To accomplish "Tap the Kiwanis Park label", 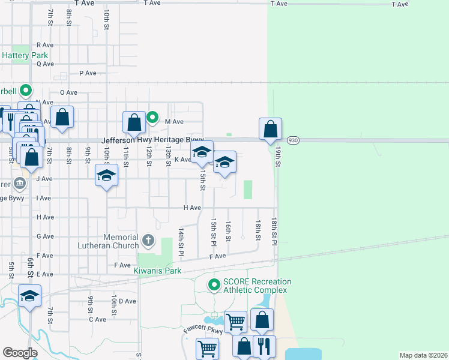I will [x=158, y=271].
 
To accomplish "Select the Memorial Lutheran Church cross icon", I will [x=148, y=241].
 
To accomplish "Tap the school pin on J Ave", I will [x=106, y=175].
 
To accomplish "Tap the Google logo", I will [x=20, y=353].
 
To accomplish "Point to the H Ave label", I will [x=191, y=208].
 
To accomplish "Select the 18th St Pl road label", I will [x=274, y=231].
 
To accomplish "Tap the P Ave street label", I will [x=88, y=73].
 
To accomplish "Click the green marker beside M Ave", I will [x=152, y=118].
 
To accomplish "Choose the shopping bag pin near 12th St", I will [x=134, y=122].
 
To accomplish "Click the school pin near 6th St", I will [x=29, y=296].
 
